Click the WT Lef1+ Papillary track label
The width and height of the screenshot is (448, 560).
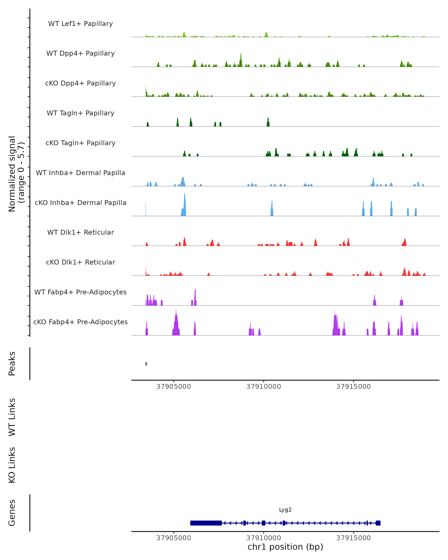click(x=80, y=24)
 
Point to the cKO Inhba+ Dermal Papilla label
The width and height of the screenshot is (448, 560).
click(x=80, y=203)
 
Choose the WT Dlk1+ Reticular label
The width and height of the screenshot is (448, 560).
click(x=80, y=232)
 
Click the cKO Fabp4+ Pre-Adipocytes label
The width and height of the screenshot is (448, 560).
click(x=80, y=322)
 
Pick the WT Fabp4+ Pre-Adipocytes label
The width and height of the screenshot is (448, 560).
click(x=80, y=292)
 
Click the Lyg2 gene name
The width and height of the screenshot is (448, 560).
click(x=285, y=510)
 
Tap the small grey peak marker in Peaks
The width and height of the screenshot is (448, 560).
click(x=146, y=364)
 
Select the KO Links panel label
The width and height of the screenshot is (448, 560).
click(x=12, y=465)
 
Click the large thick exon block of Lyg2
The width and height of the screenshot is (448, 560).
click(x=206, y=523)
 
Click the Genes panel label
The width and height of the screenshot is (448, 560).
click(x=12, y=513)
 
